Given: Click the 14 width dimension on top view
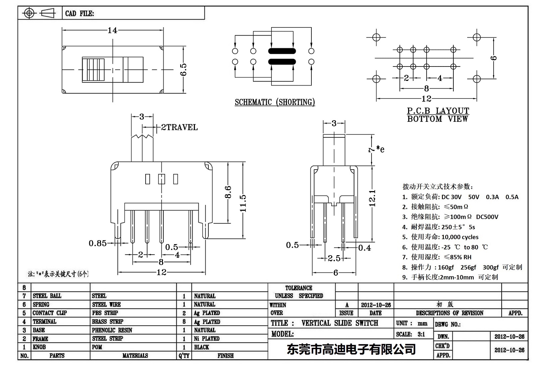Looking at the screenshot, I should (112, 30).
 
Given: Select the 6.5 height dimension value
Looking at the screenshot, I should (184, 70).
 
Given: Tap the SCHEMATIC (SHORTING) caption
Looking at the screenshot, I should (275, 102).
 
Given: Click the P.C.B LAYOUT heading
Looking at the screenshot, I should (438, 110).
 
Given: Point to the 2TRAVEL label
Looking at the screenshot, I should (179, 127).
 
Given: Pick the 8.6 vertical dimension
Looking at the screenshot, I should (228, 192).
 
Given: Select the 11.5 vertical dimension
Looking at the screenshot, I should (243, 203).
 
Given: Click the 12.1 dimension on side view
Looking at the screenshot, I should (372, 198).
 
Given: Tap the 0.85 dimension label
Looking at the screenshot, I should (97, 243).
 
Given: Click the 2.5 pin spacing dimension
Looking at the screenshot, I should (334, 258).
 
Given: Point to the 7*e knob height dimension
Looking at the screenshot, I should (376, 149).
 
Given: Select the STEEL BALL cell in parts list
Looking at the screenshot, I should (47, 296).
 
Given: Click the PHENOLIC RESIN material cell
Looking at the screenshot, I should (112, 330).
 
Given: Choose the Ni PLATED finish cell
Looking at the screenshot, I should (206, 338).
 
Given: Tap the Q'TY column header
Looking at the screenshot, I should (184, 356).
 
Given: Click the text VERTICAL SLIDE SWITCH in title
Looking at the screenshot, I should (340, 323).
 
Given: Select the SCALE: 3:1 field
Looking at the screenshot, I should (410, 334).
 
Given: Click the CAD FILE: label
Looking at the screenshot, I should (80, 13).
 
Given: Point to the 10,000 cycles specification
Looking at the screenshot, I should (460, 237).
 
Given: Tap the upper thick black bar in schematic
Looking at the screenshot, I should (282, 51).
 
